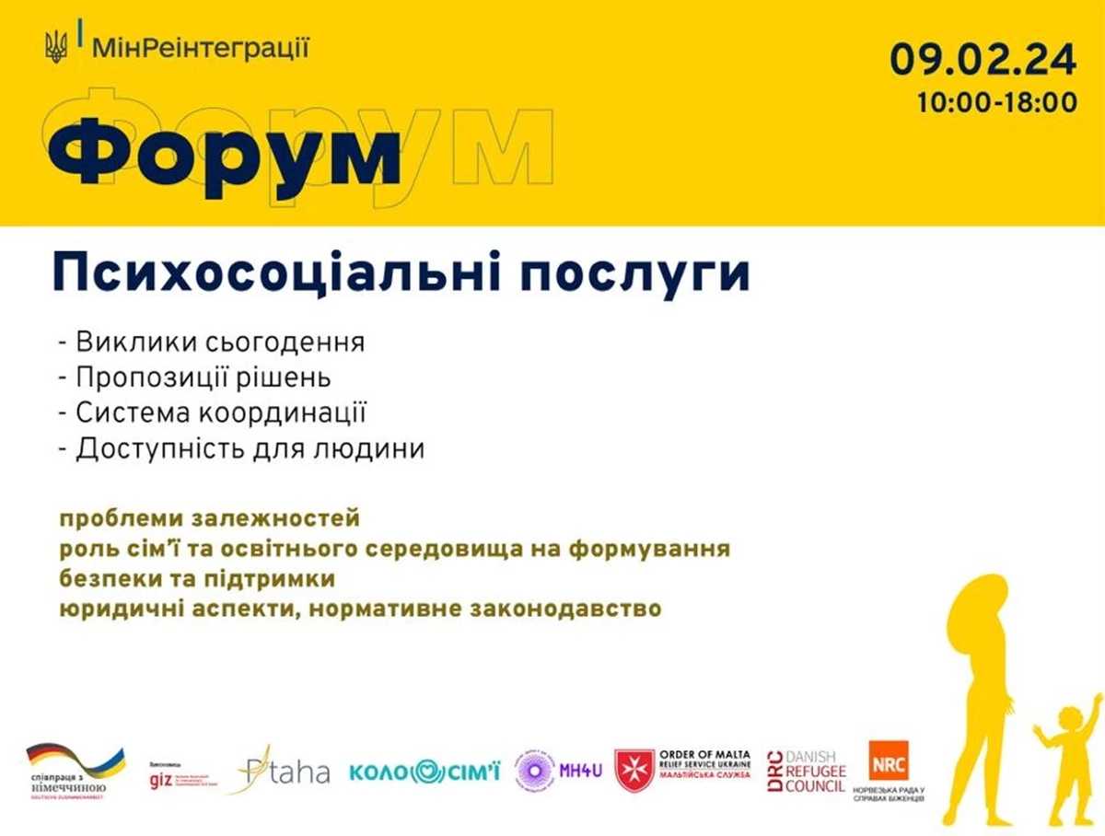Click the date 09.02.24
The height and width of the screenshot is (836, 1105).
coord(983,61)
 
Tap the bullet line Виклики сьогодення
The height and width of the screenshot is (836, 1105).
coord(211,343)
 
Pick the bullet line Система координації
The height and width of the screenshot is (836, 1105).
coord(213,414)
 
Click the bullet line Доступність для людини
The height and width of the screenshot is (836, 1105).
coord(240,450)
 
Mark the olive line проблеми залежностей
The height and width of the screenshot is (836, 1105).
coord(210,518)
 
